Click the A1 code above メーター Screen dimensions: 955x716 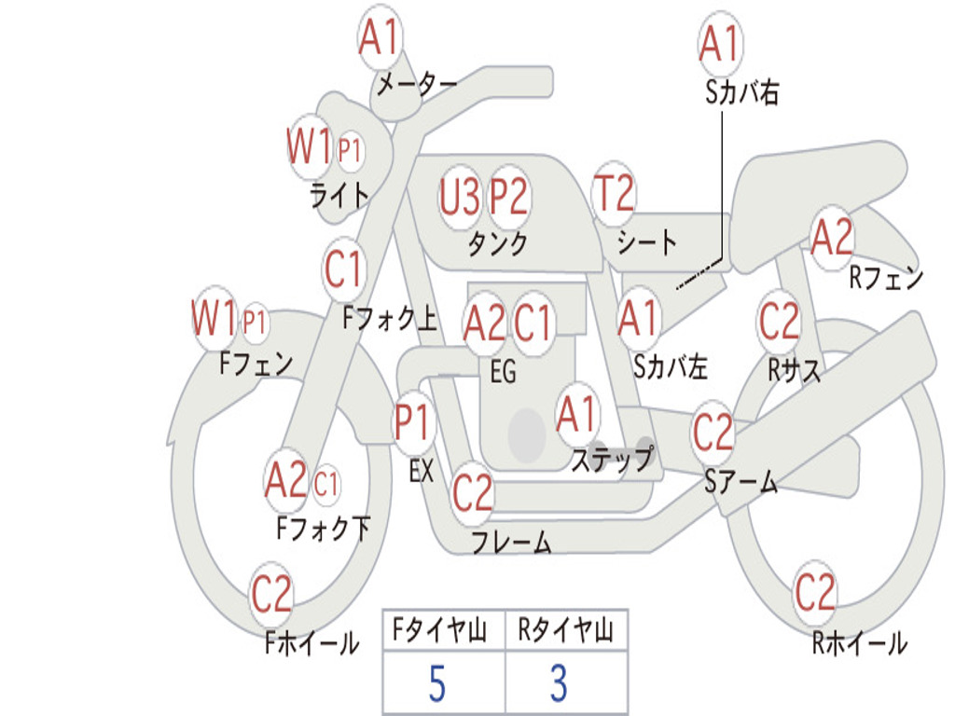pyautogui.click(x=379, y=36)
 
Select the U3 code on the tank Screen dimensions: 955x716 pyautogui.click(x=459, y=197)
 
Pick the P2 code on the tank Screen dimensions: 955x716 pyautogui.click(x=508, y=197)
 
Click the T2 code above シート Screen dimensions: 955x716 pyautogui.click(x=614, y=192)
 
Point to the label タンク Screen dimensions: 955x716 pyautogui.click(x=498, y=243)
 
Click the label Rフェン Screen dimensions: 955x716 pyautogui.click(x=886, y=278)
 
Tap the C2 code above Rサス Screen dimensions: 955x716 pyautogui.click(x=779, y=321)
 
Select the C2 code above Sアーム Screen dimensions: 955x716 pyautogui.click(x=713, y=432)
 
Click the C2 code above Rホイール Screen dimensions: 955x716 pyautogui.click(x=814, y=592)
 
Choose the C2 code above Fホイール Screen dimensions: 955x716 pyautogui.click(x=271, y=593)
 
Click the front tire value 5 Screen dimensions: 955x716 pyautogui.click(x=437, y=683)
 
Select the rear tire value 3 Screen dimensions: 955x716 pyautogui.click(x=560, y=683)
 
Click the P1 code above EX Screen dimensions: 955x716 pyautogui.click(x=412, y=422)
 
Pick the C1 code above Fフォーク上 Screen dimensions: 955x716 pyautogui.click(x=343, y=268)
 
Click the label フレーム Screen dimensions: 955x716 pyautogui.click(x=512, y=542)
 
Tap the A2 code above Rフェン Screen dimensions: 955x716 pyautogui.click(x=832, y=237)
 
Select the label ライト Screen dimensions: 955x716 pyautogui.click(x=339, y=196)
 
